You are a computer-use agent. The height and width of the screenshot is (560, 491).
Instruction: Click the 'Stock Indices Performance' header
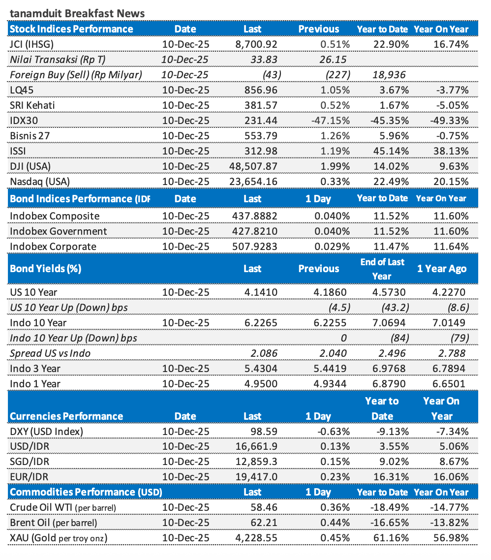71,29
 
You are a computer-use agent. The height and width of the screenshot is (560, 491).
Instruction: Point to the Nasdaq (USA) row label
40,182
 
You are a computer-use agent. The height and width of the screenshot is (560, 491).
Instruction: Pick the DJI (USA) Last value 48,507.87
253,166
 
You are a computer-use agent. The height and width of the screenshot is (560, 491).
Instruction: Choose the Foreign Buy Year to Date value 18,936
389,75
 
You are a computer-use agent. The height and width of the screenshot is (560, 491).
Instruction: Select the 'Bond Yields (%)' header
45,269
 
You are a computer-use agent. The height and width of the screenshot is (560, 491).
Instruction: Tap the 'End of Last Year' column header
382,269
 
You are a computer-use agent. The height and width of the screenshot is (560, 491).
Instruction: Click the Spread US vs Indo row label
50,353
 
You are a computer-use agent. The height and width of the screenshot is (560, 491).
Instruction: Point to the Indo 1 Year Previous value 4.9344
330,384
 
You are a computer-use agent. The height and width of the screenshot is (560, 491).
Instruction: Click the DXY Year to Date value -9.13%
392,432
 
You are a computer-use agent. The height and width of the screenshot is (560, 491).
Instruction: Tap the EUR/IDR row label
29,477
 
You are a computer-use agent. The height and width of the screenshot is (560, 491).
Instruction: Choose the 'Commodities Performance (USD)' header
86,492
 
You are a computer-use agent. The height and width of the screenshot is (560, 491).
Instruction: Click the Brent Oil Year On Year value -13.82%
449,523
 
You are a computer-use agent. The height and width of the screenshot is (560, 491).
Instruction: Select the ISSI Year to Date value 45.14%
392,151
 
